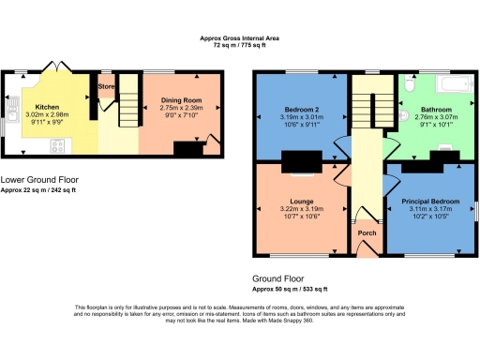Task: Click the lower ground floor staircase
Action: click(126, 116)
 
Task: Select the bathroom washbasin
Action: click(401, 117)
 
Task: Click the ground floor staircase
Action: click(364, 108)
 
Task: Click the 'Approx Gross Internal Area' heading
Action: click(239, 38)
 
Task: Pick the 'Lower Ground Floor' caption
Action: click(39, 178)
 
